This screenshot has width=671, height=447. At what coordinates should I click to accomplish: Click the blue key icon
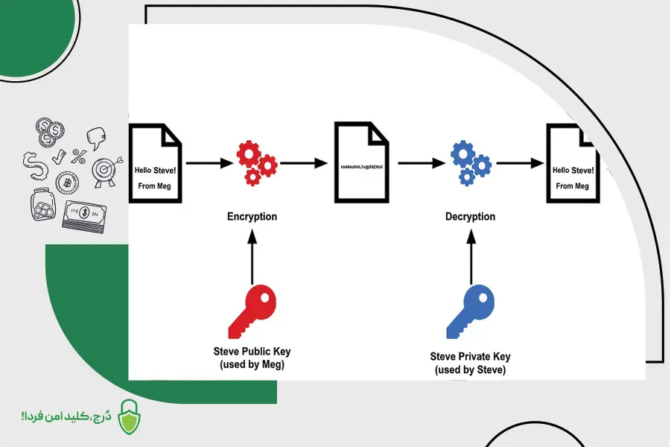pyautogui.click(x=470, y=311)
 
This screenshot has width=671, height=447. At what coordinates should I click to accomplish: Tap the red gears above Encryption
pyautogui.click(x=255, y=163)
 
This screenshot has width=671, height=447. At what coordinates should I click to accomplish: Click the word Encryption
pyautogui.click(x=252, y=217)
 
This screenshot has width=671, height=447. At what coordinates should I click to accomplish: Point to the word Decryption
pyautogui.click(x=470, y=217)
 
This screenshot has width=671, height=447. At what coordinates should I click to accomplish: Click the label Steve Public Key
pyautogui.click(x=252, y=351)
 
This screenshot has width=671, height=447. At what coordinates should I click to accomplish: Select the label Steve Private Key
pyautogui.click(x=470, y=357)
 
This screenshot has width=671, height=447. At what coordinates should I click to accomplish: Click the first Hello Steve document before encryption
pyautogui.click(x=156, y=164)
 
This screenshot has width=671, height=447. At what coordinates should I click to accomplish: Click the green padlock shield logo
pyautogui.click(x=130, y=416)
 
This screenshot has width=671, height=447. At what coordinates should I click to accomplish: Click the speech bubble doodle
pyautogui.click(x=95, y=137)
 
